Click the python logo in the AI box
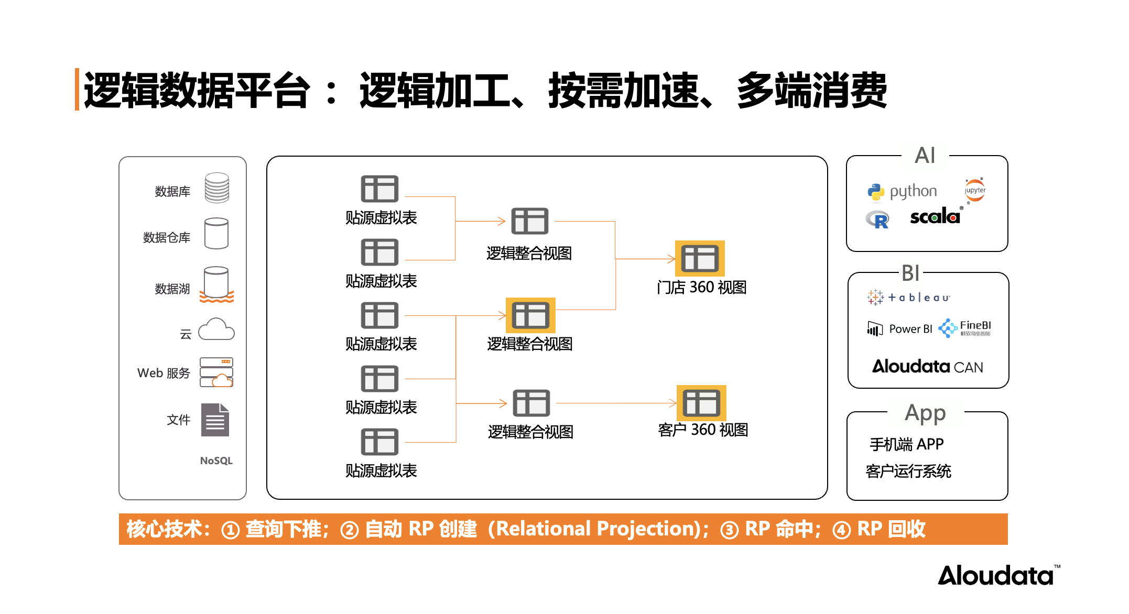(x=902, y=192)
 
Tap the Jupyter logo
(x=974, y=190)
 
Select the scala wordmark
(x=935, y=216)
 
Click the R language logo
(x=877, y=220)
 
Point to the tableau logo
(x=908, y=297)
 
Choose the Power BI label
(x=910, y=329)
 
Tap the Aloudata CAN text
(x=927, y=366)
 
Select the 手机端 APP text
(x=906, y=444)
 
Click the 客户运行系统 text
(x=908, y=471)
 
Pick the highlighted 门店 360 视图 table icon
(x=700, y=258)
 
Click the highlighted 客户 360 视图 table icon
(x=701, y=403)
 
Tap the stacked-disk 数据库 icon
(x=217, y=188)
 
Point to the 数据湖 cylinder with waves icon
(x=216, y=284)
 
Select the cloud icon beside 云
(x=216, y=330)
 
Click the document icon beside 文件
(x=215, y=420)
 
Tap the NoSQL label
(x=216, y=460)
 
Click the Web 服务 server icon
(x=216, y=372)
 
